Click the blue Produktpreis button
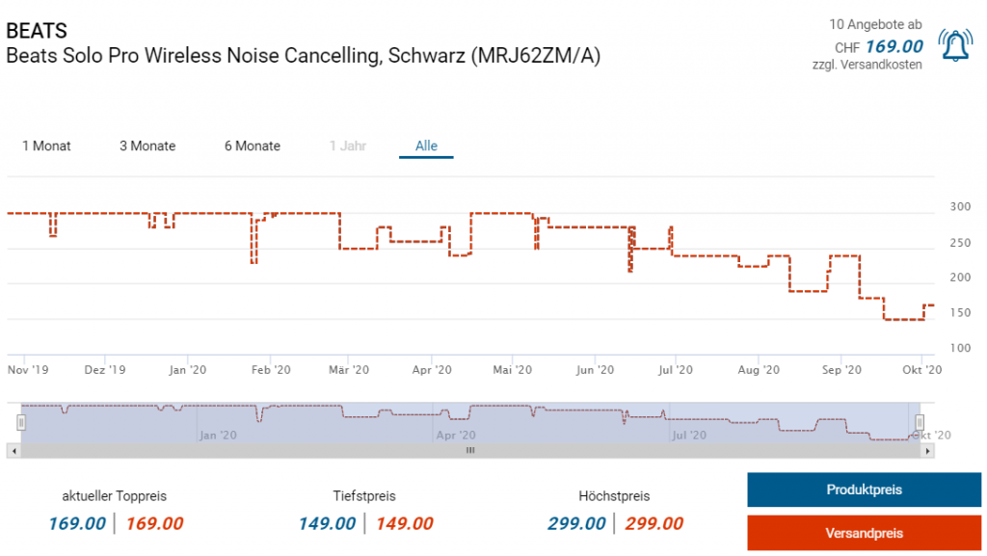(x=864, y=490)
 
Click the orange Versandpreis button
(x=864, y=533)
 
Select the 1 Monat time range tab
(x=46, y=146)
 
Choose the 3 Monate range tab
(x=147, y=146)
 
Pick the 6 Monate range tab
(x=253, y=146)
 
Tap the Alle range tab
(x=426, y=146)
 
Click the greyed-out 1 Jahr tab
(x=347, y=146)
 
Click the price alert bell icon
(x=955, y=45)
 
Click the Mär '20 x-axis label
(x=349, y=369)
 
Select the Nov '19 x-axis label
(x=28, y=369)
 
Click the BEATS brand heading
(x=37, y=31)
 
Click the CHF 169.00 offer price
(x=894, y=46)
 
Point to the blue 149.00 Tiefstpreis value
(x=327, y=523)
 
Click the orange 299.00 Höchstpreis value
(x=654, y=523)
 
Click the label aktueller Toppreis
(x=115, y=496)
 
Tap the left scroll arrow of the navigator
(x=12, y=450)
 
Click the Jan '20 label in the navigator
(x=218, y=436)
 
